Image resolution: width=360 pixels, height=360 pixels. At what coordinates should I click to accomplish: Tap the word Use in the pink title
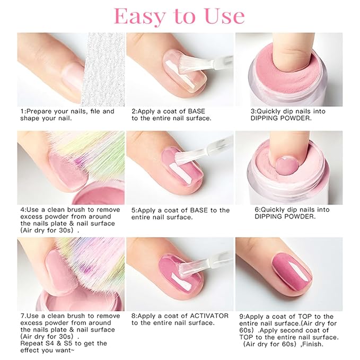pyautogui.click(x=225, y=16)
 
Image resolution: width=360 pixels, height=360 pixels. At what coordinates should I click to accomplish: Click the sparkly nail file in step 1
pyautogui.click(x=103, y=69)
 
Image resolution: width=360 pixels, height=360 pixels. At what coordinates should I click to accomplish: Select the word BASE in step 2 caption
pyautogui.click(x=196, y=111)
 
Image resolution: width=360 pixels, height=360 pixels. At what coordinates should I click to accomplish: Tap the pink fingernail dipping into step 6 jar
pyautogui.click(x=285, y=166)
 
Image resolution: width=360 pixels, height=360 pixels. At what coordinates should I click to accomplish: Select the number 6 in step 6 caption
pyautogui.click(x=257, y=209)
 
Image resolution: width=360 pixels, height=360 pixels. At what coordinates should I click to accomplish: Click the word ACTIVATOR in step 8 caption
pyautogui.click(x=209, y=316)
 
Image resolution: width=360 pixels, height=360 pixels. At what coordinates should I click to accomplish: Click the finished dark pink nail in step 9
pyautogui.click(x=292, y=272)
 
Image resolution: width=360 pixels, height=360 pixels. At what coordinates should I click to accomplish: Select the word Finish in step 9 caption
pyautogui.click(x=314, y=345)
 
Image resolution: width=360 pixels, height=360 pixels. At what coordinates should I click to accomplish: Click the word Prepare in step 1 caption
pyautogui.click(x=39, y=111)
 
